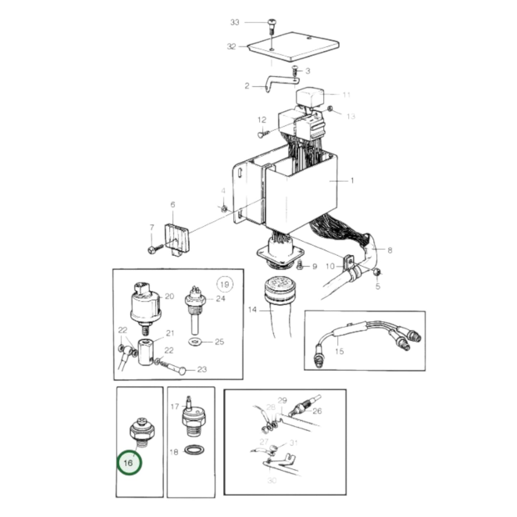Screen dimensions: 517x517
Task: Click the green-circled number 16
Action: [130, 463]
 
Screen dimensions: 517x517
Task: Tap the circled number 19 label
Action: [224, 284]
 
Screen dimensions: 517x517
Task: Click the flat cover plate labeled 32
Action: [293, 47]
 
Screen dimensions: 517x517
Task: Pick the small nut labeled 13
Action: [330, 108]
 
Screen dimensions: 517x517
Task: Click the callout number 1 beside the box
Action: [352, 181]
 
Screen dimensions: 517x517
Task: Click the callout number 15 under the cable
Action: [339, 351]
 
